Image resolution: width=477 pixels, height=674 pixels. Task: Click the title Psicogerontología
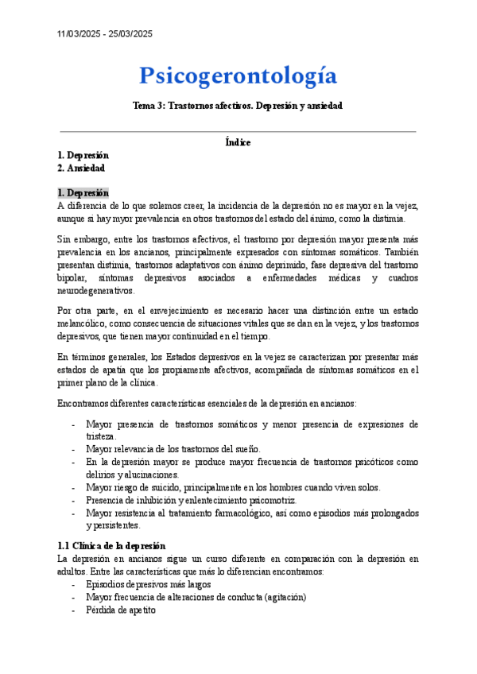coord(238,76)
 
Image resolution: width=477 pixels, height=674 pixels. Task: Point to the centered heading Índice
coord(238,142)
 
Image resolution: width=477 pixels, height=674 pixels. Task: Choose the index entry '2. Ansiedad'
coord(80,168)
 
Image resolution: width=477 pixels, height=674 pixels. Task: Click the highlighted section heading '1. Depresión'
coord(83,192)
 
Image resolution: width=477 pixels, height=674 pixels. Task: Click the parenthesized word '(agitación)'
coord(279,597)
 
